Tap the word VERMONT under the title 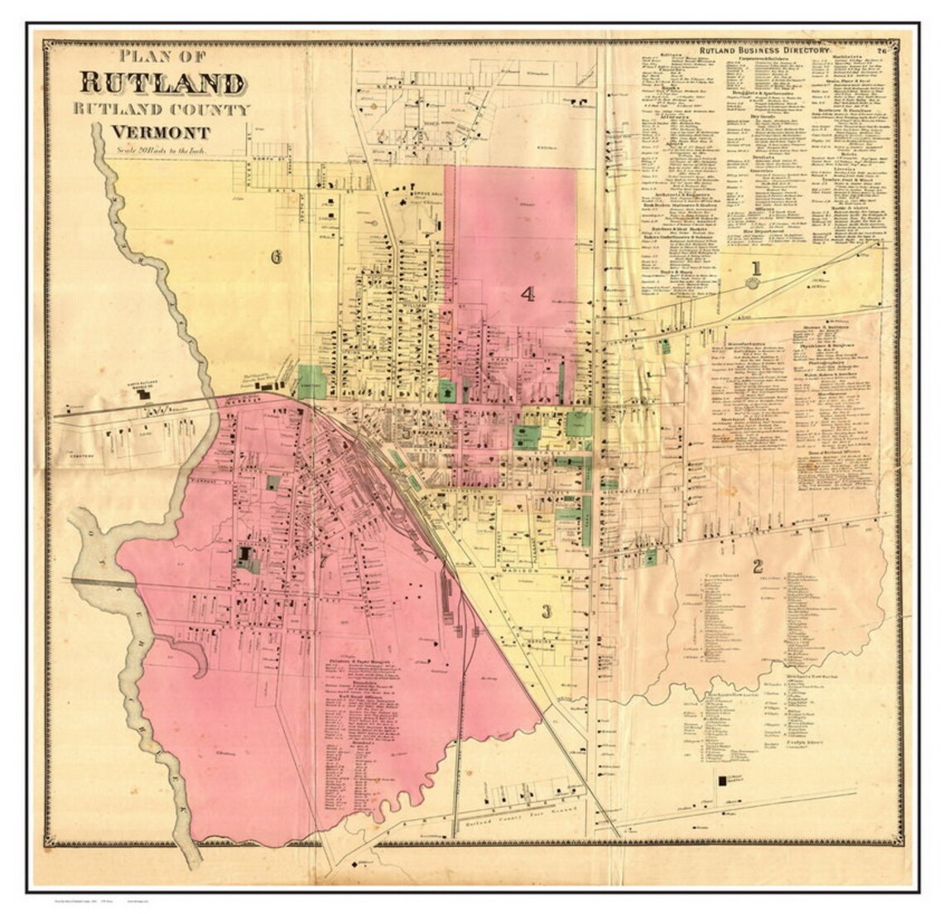click(161, 132)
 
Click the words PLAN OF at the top click(162, 56)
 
